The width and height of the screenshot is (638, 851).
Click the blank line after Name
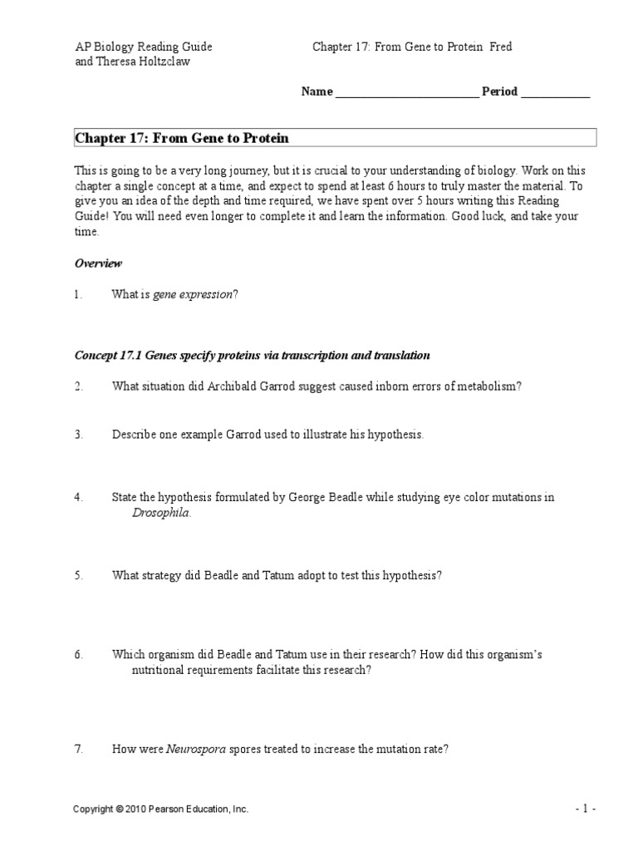[x=406, y=93]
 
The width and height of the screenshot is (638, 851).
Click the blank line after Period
[x=555, y=93]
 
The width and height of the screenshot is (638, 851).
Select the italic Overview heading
[x=98, y=263]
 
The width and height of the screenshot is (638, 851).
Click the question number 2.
[x=78, y=386]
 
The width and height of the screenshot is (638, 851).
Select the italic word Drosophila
[x=160, y=513]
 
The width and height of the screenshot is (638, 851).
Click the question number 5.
[x=78, y=575]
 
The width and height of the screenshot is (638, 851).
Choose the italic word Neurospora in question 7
[x=196, y=749]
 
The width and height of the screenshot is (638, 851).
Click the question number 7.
[x=78, y=749]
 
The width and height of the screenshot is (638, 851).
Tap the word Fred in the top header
[x=501, y=47]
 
